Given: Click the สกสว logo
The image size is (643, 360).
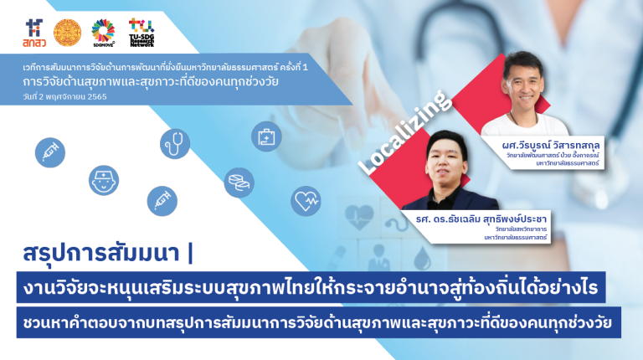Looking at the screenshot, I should (36, 33).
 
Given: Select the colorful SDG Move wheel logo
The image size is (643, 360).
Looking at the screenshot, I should (104, 32).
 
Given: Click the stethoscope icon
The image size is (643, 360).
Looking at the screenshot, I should (175, 144).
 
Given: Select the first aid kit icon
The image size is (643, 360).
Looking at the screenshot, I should (266, 135).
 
